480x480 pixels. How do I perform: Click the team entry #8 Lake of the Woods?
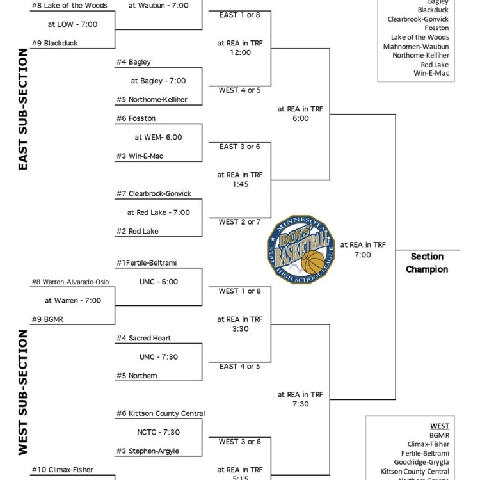[x=69, y=6]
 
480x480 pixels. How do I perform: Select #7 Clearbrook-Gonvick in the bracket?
[x=154, y=193]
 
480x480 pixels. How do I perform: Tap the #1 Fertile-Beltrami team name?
[x=147, y=263]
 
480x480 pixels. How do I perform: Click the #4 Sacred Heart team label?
[x=143, y=338]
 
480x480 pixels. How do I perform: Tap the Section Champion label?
[x=427, y=263]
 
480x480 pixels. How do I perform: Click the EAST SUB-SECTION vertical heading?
[x=23, y=109]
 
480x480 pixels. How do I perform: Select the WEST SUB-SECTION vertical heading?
[x=23, y=392]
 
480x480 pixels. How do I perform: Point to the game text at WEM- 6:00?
[x=158, y=137]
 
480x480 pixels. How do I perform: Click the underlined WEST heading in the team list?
[x=439, y=426]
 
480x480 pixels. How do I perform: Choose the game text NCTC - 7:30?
[x=158, y=432]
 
